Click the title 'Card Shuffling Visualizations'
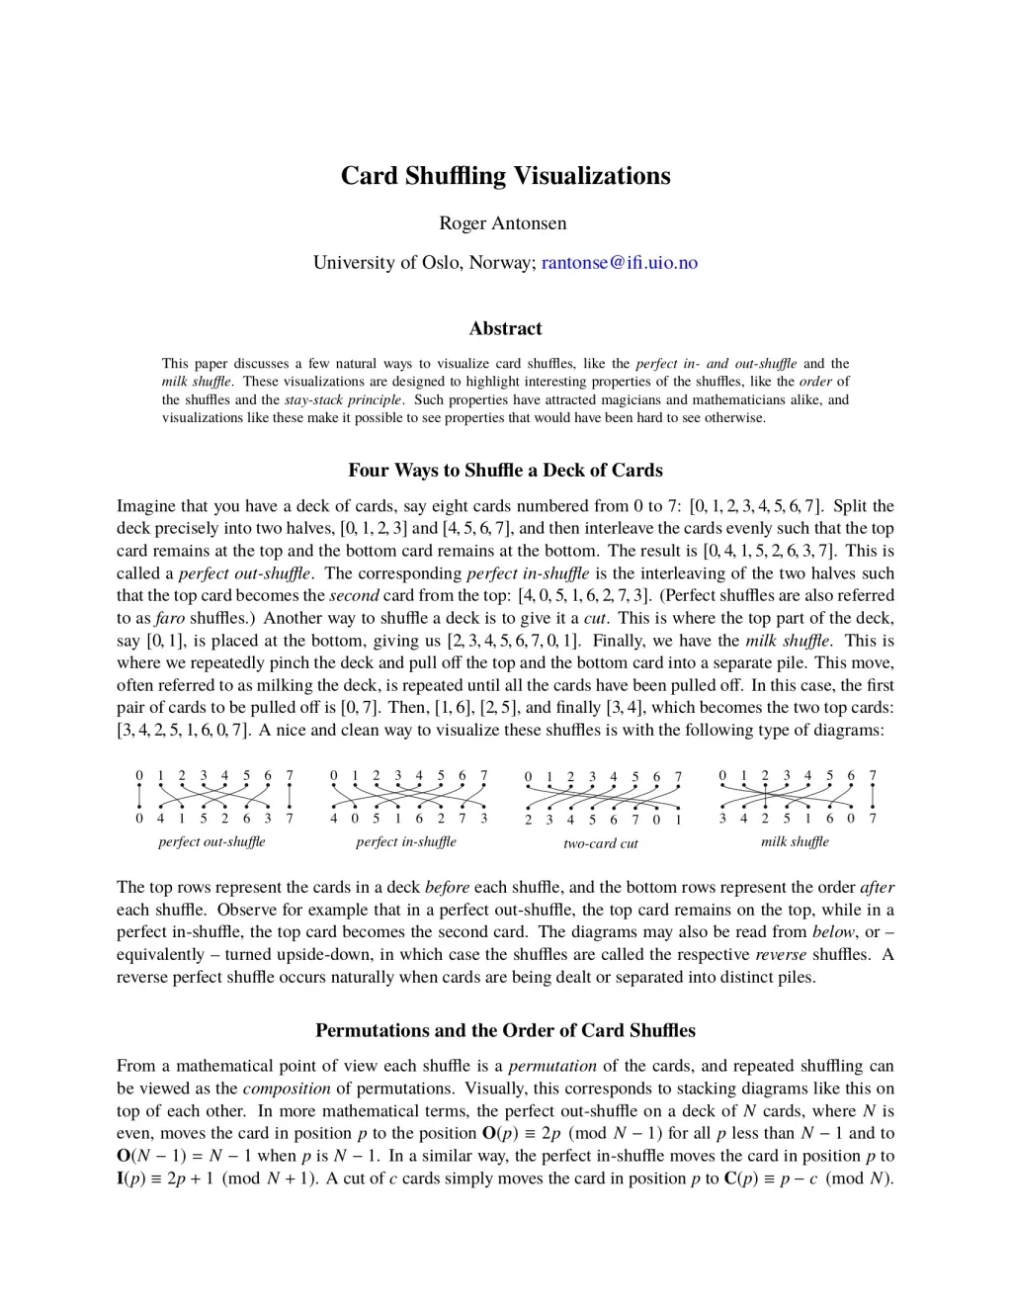[x=505, y=176]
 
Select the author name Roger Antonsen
[x=503, y=223]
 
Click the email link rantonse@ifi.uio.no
[x=620, y=262]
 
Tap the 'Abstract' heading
[x=505, y=328]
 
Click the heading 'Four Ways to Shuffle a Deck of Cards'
[x=505, y=471]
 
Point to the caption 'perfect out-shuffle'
[x=211, y=842]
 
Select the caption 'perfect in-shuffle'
[x=406, y=842]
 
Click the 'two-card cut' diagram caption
[x=600, y=844]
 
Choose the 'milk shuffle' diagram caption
[x=795, y=842]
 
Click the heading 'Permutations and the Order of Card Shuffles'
[x=505, y=1030]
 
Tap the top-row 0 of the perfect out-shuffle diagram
[x=139, y=776]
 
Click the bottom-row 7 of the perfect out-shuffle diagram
[x=290, y=819]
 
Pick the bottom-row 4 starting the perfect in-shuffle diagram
[x=334, y=819]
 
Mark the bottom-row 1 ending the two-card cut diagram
[x=679, y=820]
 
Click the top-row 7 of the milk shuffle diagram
[x=873, y=776]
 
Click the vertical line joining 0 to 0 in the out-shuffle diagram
[x=139, y=797]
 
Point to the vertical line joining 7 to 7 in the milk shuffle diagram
[x=873, y=797]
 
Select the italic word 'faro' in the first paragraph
[x=171, y=618]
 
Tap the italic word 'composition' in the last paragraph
[x=287, y=1089]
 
